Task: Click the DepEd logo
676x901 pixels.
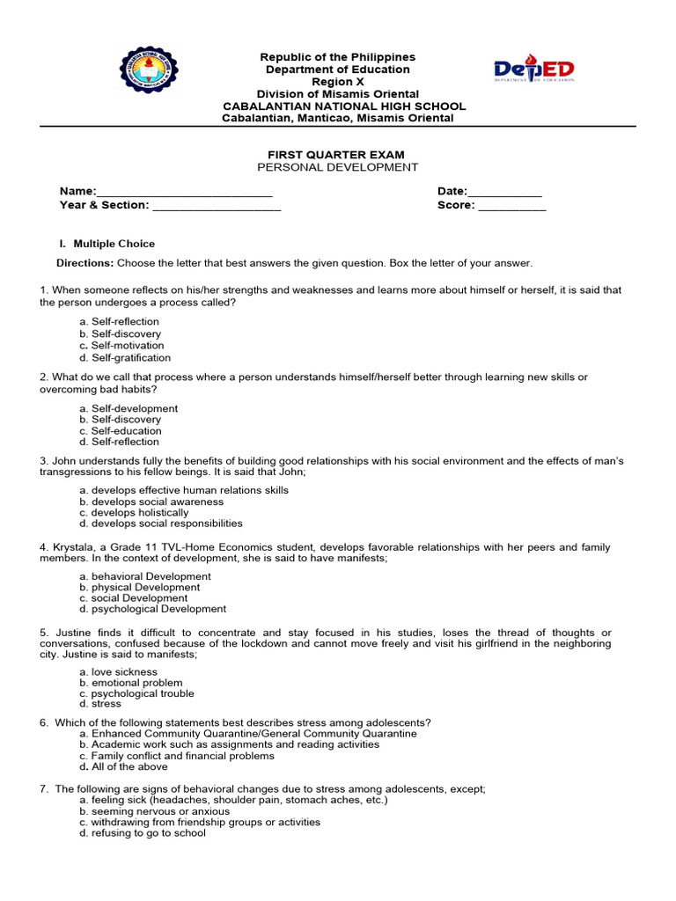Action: pyautogui.click(x=533, y=71)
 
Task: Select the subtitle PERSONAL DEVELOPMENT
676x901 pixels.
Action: pyautogui.click(x=337, y=167)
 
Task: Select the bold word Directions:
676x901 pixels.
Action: pyautogui.click(x=85, y=263)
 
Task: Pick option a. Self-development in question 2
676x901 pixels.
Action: pyautogui.click(x=129, y=408)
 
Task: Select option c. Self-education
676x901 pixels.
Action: pyautogui.click(x=121, y=431)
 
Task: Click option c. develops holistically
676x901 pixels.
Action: pyautogui.click(x=134, y=513)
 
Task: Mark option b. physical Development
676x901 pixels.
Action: pyautogui.click(x=139, y=587)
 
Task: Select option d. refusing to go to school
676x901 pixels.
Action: pyautogui.click(x=143, y=833)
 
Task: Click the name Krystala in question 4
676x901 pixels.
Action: pyautogui.click(x=73, y=547)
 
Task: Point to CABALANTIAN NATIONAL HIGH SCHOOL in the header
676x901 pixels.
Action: pyautogui.click(x=344, y=106)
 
